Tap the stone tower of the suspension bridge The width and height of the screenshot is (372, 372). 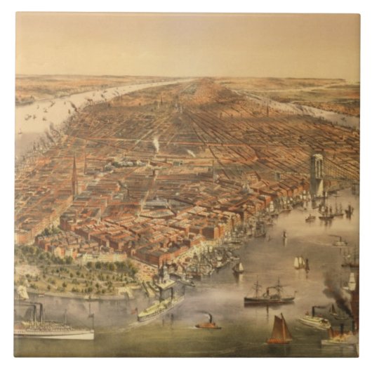pos(317,174)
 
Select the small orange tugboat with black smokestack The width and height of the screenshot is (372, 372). pos(208,324)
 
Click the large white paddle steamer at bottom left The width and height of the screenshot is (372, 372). pos(53,331)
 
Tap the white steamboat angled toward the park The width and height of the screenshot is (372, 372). pos(161,306)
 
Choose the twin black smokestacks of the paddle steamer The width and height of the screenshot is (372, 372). pos(36,312)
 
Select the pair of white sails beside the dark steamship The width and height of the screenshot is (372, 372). pos(300,263)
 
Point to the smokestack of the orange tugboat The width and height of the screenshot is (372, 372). pos(208,317)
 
